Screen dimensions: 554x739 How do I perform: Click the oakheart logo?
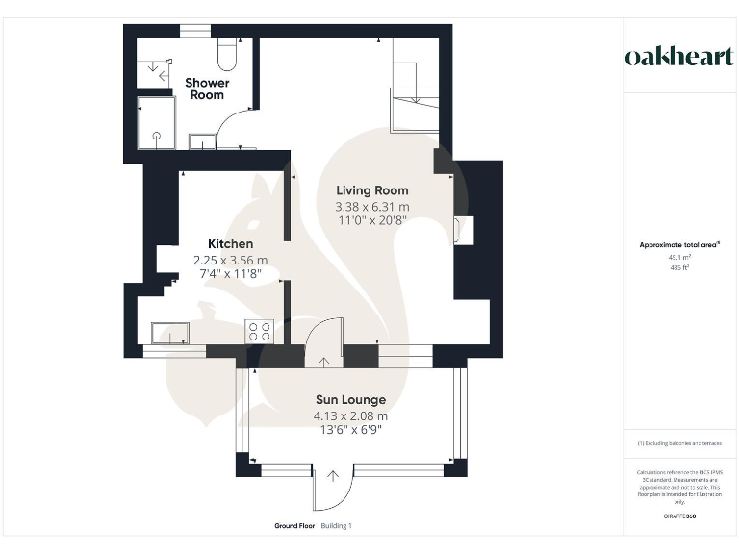pyautogui.click(x=679, y=57)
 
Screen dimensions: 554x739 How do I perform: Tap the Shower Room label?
pyautogui.click(x=207, y=88)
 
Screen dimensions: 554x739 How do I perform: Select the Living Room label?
pyautogui.click(x=371, y=190)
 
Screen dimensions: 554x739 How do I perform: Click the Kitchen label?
pyautogui.click(x=231, y=244)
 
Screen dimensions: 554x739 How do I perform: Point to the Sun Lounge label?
pyautogui.click(x=350, y=399)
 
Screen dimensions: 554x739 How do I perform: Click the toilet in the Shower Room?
pyautogui.click(x=228, y=56)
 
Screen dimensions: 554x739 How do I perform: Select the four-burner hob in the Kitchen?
pyautogui.click(x=260, y=332)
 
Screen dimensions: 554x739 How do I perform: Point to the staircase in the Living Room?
pyautogui.click(x=415, y=96)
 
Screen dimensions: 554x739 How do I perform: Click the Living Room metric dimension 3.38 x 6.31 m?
pyautogui.click(x=371, y=207)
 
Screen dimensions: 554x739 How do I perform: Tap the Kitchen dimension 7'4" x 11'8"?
pyautogui.click(x=231, y=274)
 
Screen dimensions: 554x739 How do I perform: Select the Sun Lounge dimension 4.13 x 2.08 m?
pyautogui.click(x=350, y=416)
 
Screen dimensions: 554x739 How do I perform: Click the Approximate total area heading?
pyautogui.click(x=680, y=245)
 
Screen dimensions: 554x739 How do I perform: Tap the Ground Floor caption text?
pyautogui.click(x=294, y=526)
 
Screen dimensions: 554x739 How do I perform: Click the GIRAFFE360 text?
pyautogui.click(x=680, y=516)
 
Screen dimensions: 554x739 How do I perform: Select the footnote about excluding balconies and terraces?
pyautogui.click(x=680, y=443)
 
